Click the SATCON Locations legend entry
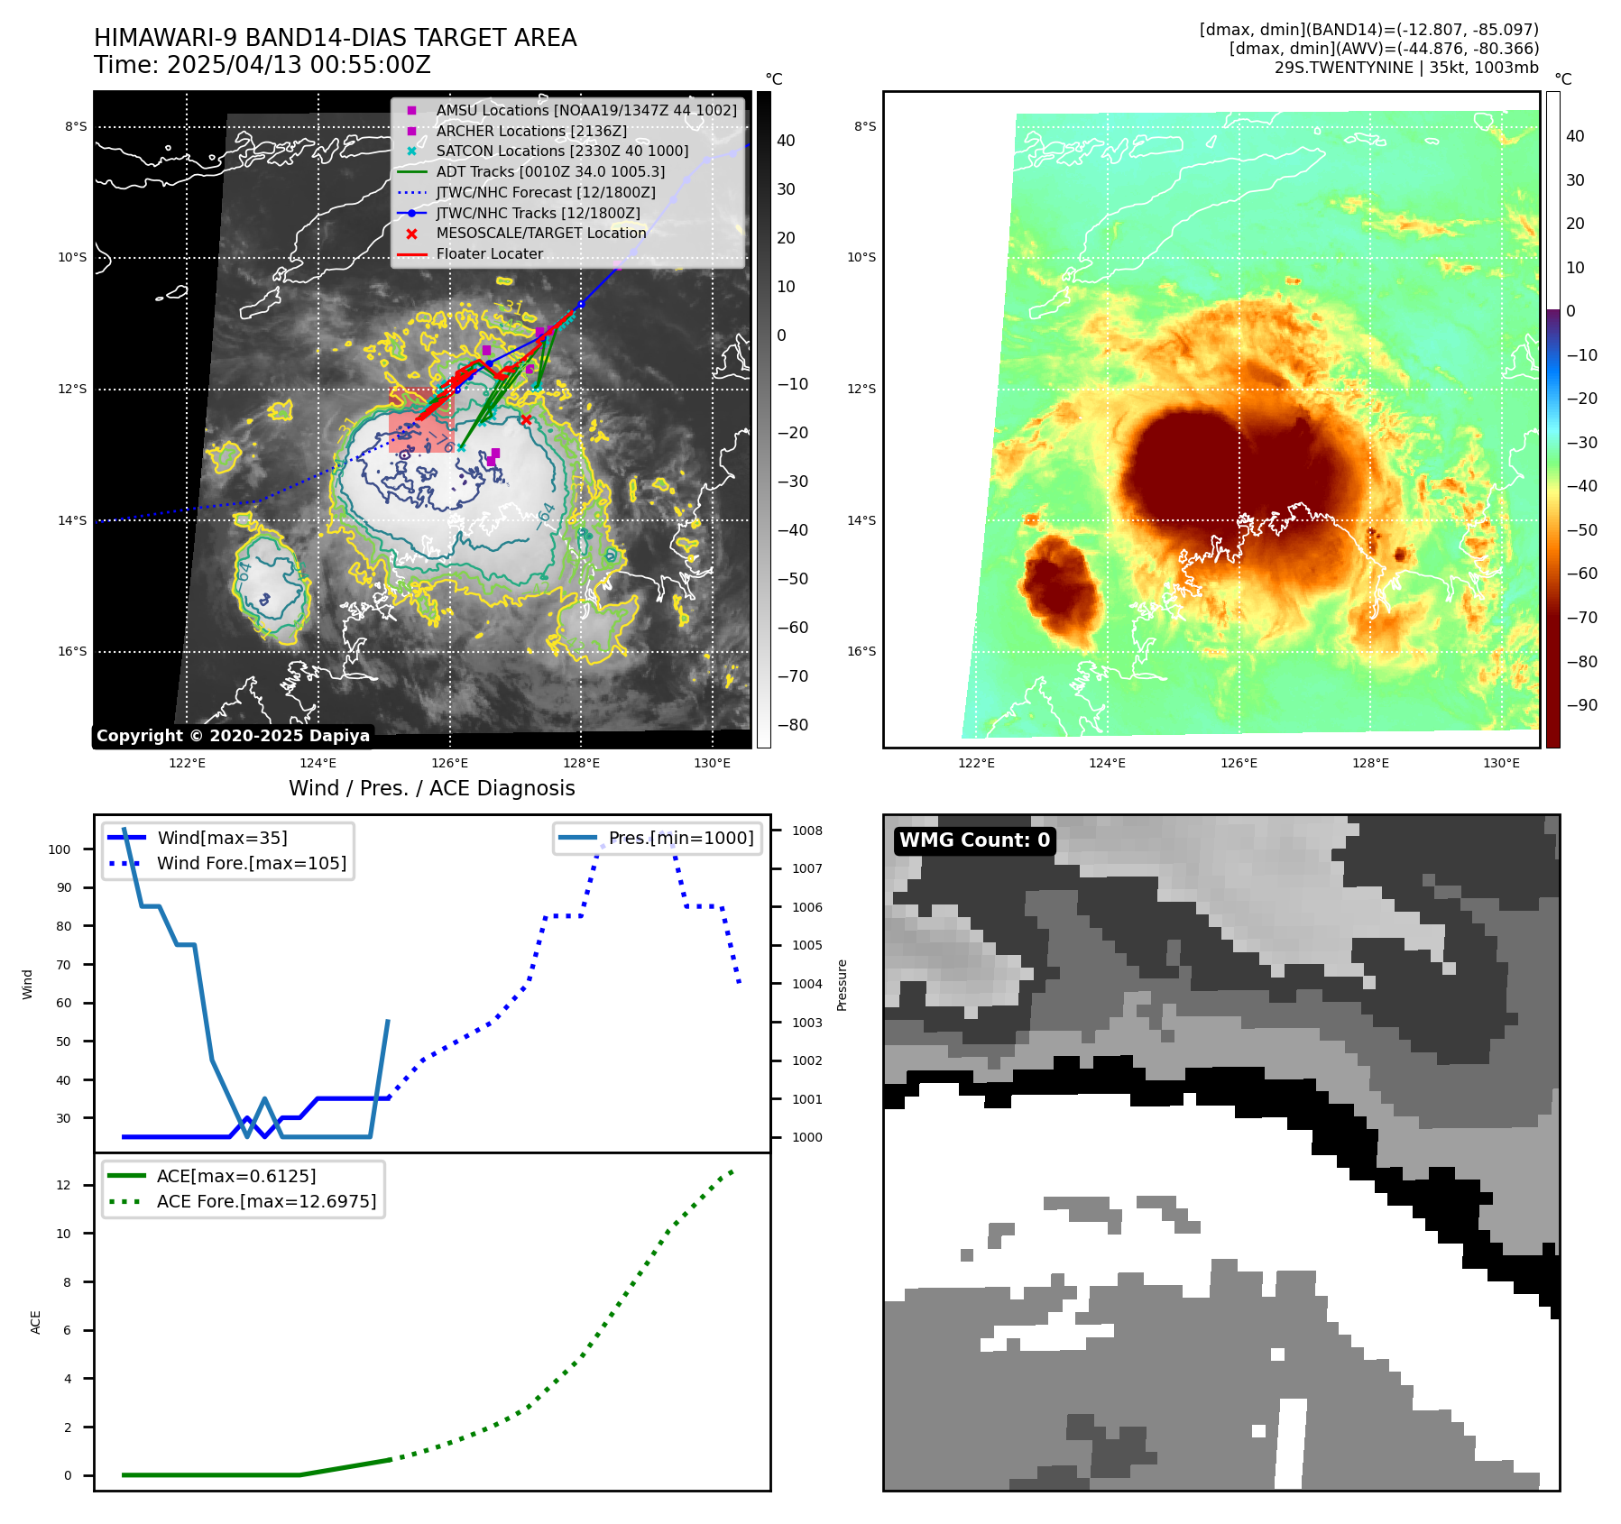561,151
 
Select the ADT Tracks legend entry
550,172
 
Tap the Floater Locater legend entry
489,254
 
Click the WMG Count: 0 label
974,840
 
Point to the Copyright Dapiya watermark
233,736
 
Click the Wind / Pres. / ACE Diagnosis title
431,788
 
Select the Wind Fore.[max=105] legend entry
251,863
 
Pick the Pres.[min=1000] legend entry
680,838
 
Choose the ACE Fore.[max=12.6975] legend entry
266,1201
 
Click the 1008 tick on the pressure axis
807,831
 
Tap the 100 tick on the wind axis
60,849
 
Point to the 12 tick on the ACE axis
63,1185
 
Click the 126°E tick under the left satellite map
449,764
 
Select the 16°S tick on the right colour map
861,651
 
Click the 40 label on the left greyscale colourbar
786,141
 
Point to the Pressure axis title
842,985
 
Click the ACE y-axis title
36,1322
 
